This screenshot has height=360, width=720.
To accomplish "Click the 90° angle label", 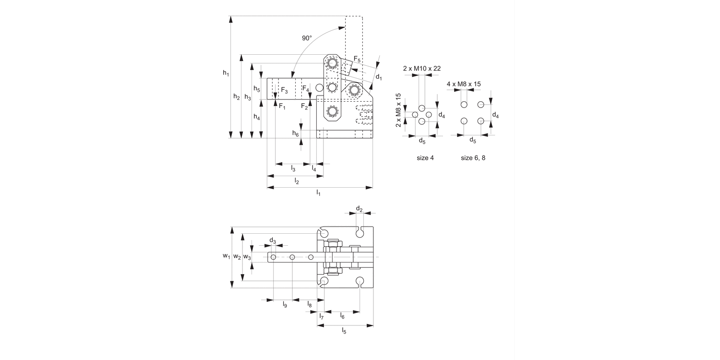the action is (x=307, y=38).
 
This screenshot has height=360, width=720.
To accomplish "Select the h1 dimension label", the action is (x=226, y=73).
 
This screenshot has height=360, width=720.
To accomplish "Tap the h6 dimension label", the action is (x=295, y=133).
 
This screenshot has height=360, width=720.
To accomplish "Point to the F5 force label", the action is (x=357, y=59).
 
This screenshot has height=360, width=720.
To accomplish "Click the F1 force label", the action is (x=282, y=106).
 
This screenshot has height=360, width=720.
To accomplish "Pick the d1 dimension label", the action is (x=379, y=77).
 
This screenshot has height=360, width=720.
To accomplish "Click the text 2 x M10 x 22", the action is (x=422, y=69).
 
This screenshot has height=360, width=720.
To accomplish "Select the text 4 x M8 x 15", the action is (x=464, y=84).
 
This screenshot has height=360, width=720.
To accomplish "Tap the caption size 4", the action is (x=425, y=158).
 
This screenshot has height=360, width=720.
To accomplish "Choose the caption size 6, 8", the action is (x=473, y=158).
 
